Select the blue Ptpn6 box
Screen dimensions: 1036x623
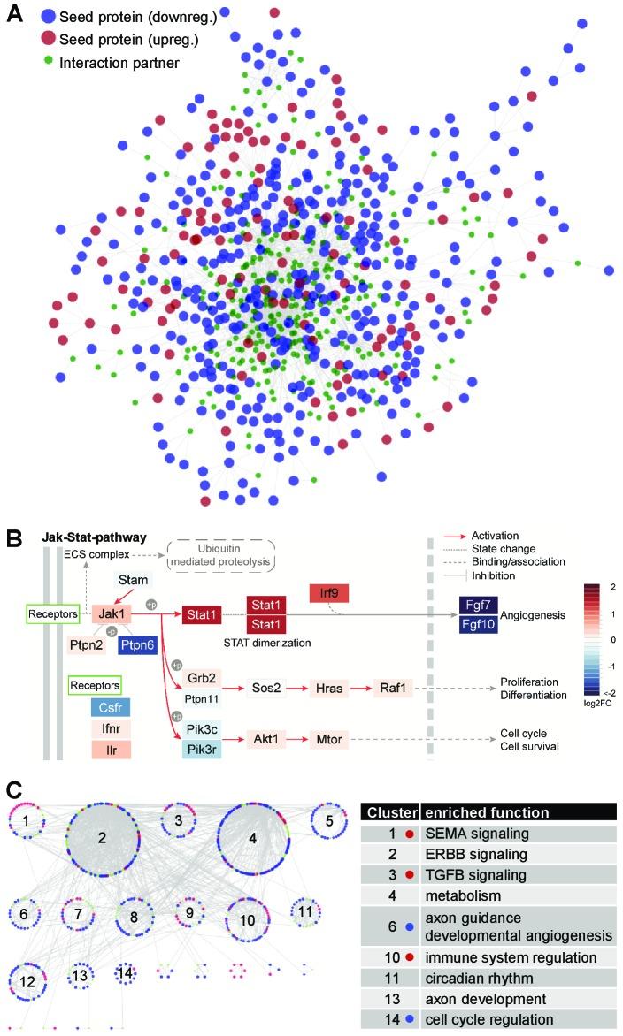click(x=137, y=645)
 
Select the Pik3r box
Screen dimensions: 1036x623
click(x=202, y=750)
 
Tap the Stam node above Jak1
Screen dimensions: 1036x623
click(x=134, y=579)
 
